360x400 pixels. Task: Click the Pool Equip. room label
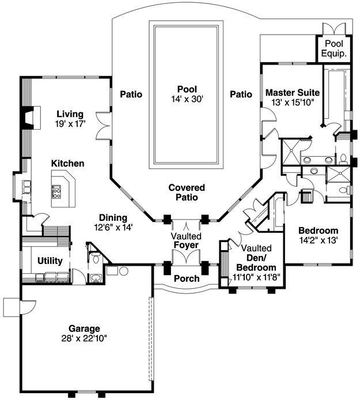coord(334,48)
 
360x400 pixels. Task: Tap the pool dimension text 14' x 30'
coord(187,99)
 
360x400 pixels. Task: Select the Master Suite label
coord(293,92)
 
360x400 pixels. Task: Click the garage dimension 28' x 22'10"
coord(84,338)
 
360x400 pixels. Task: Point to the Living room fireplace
coord(31,118)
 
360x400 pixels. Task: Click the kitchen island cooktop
coord(56,192)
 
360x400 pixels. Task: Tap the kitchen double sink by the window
coord(26,187)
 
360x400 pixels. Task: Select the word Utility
coord(50,261)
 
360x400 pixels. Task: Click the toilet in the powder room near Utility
coord(96,258)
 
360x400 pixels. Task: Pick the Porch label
coord(187,278)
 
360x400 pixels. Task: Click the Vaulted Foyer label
coord(187,240)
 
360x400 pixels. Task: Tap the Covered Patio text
coord(187,193)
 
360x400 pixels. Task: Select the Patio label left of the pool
coord(131,94)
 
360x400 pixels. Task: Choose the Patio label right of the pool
coord(241,94)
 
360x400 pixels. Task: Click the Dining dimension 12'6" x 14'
coord(113,227)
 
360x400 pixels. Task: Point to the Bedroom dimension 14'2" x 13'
coord(318,240)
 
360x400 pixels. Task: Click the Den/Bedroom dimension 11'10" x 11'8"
coord(256,277)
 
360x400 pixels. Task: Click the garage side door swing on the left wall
coord(28,307)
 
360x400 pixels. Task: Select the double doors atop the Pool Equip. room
coord(334,29)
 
